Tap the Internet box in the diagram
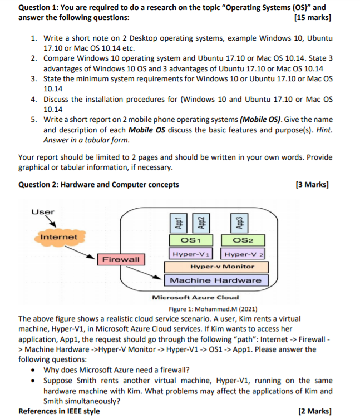(x=59, y=238)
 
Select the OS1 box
(x=191, y=241)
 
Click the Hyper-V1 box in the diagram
(x=191, y=254)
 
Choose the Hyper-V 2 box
(x=243, y=254)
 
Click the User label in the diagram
(x=43, y=213)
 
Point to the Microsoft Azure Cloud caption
(x=195, y=297)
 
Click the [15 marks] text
(x=312, y=18)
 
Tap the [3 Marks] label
(x=313, y=185)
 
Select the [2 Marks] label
(x=314, y=411)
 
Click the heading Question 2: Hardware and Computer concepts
(x=99, y=185)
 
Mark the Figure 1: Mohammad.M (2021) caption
(x=213, y=309)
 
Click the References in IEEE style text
(x=59, y=411)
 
